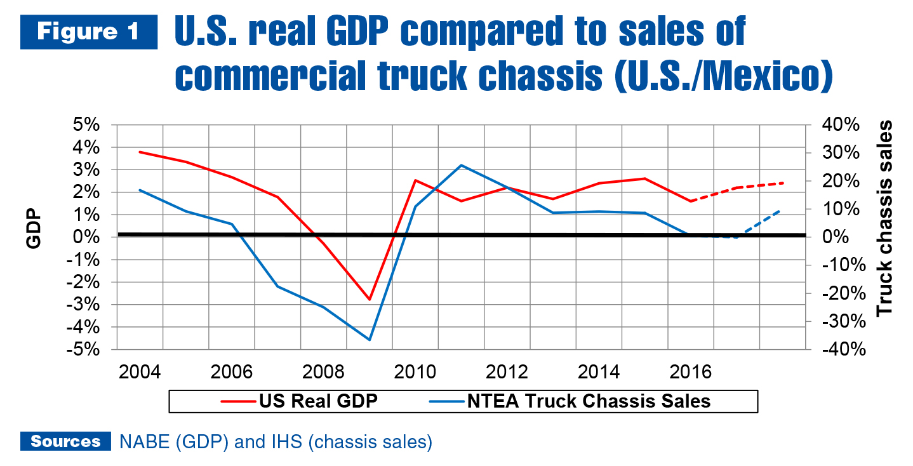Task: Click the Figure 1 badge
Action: [x=88, y=32]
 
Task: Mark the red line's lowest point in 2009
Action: [x=369, y=299]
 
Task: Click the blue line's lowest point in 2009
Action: [x=369, y=340]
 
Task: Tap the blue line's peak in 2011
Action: [x=461, y=165]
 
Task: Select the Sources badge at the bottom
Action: [x=65, y=442]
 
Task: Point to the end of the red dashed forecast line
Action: [x=783, y=183]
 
